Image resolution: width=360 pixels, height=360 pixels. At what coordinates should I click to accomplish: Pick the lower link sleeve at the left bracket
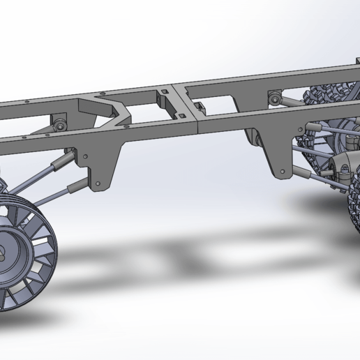click(x=77, y=185)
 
